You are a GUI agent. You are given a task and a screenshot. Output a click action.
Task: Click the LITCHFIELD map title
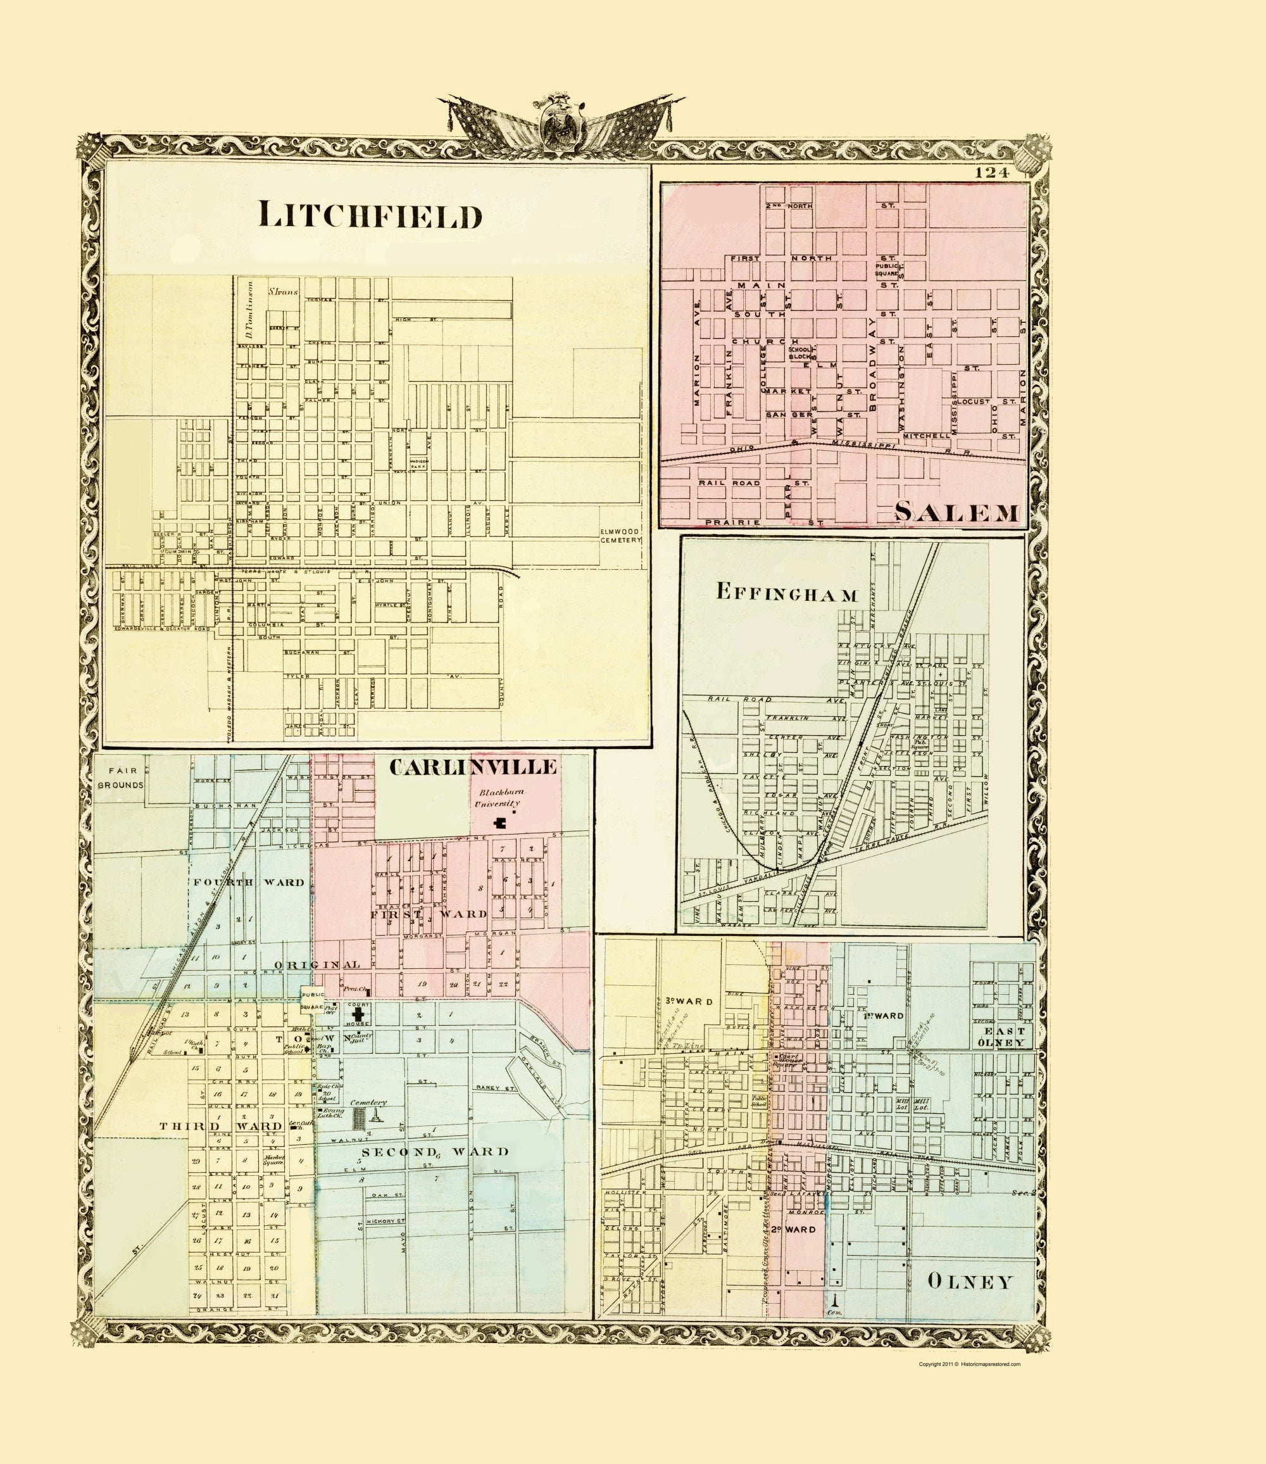coord(370,215)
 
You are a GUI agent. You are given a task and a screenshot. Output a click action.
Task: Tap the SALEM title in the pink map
coord(957,512)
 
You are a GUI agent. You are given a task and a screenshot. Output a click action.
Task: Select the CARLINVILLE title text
coord(473,767)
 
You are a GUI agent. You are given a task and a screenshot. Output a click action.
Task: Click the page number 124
coord(992,172)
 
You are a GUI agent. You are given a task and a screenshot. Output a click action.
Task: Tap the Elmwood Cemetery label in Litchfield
coord(620,536)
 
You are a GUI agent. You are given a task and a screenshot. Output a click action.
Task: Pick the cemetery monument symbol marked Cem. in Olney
coord(835,1299)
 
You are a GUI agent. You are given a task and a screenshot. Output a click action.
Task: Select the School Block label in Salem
coord(801,353)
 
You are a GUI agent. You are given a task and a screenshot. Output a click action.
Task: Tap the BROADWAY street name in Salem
coord(872,364)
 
